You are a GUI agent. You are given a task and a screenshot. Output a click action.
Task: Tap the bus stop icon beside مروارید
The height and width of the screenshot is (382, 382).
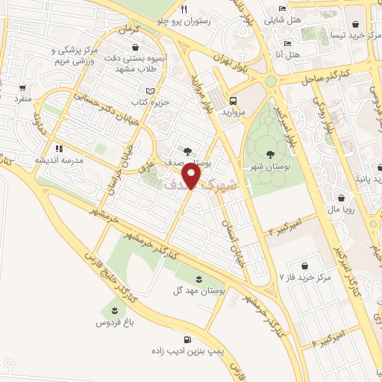click(234, 100)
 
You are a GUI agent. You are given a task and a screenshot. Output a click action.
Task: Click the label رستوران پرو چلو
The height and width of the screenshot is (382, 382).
click(184, 22)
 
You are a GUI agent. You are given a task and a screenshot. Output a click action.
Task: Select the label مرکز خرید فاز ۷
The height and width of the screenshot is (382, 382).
click(304, 278)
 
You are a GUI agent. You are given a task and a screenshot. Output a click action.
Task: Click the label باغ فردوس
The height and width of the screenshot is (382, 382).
click(113, 322)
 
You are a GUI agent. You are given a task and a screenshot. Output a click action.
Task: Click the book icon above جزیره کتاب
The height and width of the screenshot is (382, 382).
click(151, 90)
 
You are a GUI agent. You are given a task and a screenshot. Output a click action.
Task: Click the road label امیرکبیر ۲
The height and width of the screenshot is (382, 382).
click(286, 223)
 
